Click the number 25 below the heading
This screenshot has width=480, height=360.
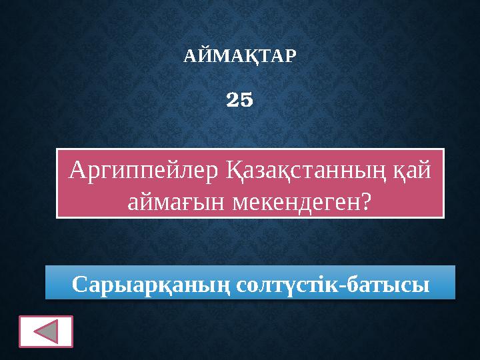pyautogui.click(x=240, y=100)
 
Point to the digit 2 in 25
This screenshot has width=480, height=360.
pyautogui.click(x=233, y=100)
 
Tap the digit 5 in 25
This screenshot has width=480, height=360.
pyautogui.click(x=247, y=100)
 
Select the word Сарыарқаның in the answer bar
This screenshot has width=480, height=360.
pyautogui.click(x=151, y=284)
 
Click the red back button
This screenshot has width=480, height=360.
pyautogui.click(x=46, y=331)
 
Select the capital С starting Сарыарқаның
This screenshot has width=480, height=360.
pyautogui.click(x=79, y=284)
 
